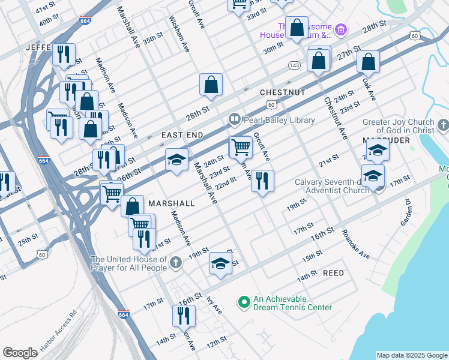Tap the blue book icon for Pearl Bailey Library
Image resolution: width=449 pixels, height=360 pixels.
tap(234, 120)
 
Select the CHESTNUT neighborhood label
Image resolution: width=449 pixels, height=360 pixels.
tap(283, 92)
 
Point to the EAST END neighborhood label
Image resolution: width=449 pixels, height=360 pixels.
tap(182, 136)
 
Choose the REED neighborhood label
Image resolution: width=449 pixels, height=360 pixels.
tap(333, 273)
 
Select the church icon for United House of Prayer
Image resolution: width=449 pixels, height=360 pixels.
tap(176, 262)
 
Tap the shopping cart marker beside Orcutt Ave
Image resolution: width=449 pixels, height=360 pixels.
tap(241, 146)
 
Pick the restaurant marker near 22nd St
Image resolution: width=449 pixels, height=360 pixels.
tap(262, 181)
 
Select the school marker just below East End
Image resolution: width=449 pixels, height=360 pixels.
tap(176, 160)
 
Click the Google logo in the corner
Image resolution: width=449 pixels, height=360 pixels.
tap(20, 353)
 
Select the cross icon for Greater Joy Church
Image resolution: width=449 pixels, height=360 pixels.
tap(444, 125)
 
